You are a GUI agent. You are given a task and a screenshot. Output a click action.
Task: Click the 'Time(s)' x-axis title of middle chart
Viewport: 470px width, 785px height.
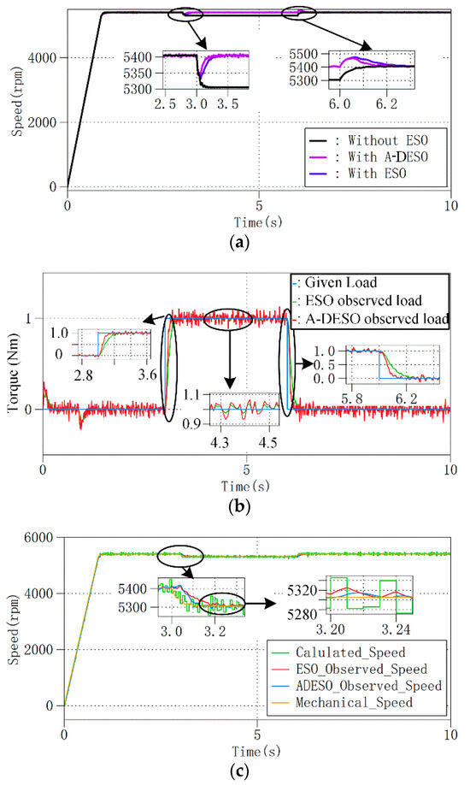click(x=246, y=486)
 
